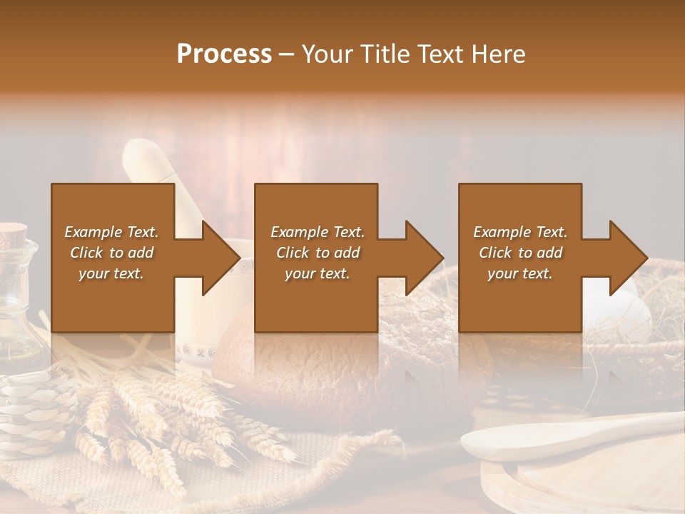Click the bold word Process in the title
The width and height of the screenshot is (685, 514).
click(224, 54)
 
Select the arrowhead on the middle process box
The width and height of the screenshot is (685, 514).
click(423, 258)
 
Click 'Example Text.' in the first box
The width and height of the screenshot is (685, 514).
click(112, 232)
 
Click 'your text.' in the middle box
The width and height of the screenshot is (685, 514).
click(318, 274)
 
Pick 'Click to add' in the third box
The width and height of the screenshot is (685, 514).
click(520, 253)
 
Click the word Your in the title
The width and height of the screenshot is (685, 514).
click(327, 54)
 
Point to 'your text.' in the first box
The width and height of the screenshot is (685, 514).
click(112, 274)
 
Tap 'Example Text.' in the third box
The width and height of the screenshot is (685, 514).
click(520, 232)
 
